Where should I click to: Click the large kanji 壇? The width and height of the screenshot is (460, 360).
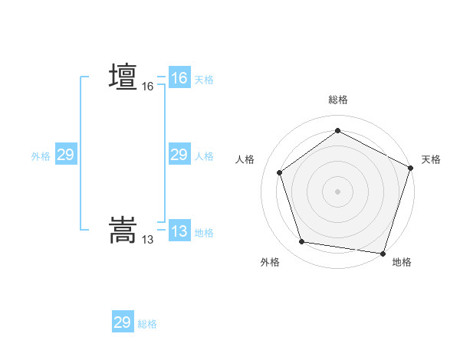click(123, 77)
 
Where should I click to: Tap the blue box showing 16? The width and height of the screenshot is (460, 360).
click(179, 78)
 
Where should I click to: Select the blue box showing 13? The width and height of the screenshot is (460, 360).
click(179, 231)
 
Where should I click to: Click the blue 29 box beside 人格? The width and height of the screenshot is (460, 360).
click(179, 155)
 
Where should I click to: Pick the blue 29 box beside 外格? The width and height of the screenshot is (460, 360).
click(65, 155)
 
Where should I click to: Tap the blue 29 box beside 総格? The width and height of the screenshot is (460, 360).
click(122, 322)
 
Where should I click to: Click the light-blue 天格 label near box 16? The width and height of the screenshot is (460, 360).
click(204, 79)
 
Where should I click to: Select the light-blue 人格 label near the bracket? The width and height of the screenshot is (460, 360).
click(204, 155)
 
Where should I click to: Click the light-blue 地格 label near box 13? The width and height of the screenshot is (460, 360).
click(204, 232)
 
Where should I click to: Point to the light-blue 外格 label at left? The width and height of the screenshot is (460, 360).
click(41, 155)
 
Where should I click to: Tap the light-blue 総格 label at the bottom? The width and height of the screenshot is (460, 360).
click(147, 323)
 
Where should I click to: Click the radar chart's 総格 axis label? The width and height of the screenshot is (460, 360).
click(338, 100)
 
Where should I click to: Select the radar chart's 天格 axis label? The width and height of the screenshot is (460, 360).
click(431, 159)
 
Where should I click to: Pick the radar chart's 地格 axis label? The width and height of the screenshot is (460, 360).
click(402, 262)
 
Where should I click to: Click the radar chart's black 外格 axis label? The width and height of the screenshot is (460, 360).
click(270, 262)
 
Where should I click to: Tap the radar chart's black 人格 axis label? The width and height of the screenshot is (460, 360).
click(245, 159)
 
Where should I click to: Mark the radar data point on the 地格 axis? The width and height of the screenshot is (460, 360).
click(383, 253)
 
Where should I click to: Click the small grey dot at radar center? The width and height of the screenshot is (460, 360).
click(337, 191)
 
